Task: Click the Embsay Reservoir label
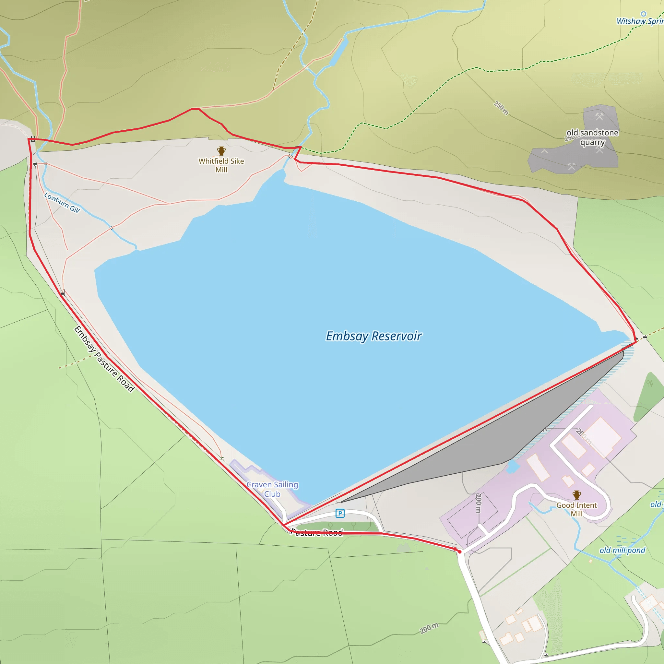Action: [373, 336]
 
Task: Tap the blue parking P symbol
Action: [340, 513]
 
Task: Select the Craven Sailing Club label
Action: [272, 489]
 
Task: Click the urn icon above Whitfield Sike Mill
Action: [221, 150]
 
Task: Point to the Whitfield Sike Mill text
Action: [221, 165]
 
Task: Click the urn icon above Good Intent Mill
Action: [577, 495]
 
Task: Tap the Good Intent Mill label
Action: [577, 509]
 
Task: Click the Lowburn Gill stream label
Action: [62, 202]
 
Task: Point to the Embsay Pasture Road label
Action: [104, 359]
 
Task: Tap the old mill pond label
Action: [622, 550]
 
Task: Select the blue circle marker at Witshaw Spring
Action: [643, 14]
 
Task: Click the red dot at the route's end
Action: [459, 551]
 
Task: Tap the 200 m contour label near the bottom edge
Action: [429, 628]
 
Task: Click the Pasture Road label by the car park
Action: [317, 532]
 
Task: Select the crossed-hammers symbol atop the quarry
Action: [599, 116]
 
